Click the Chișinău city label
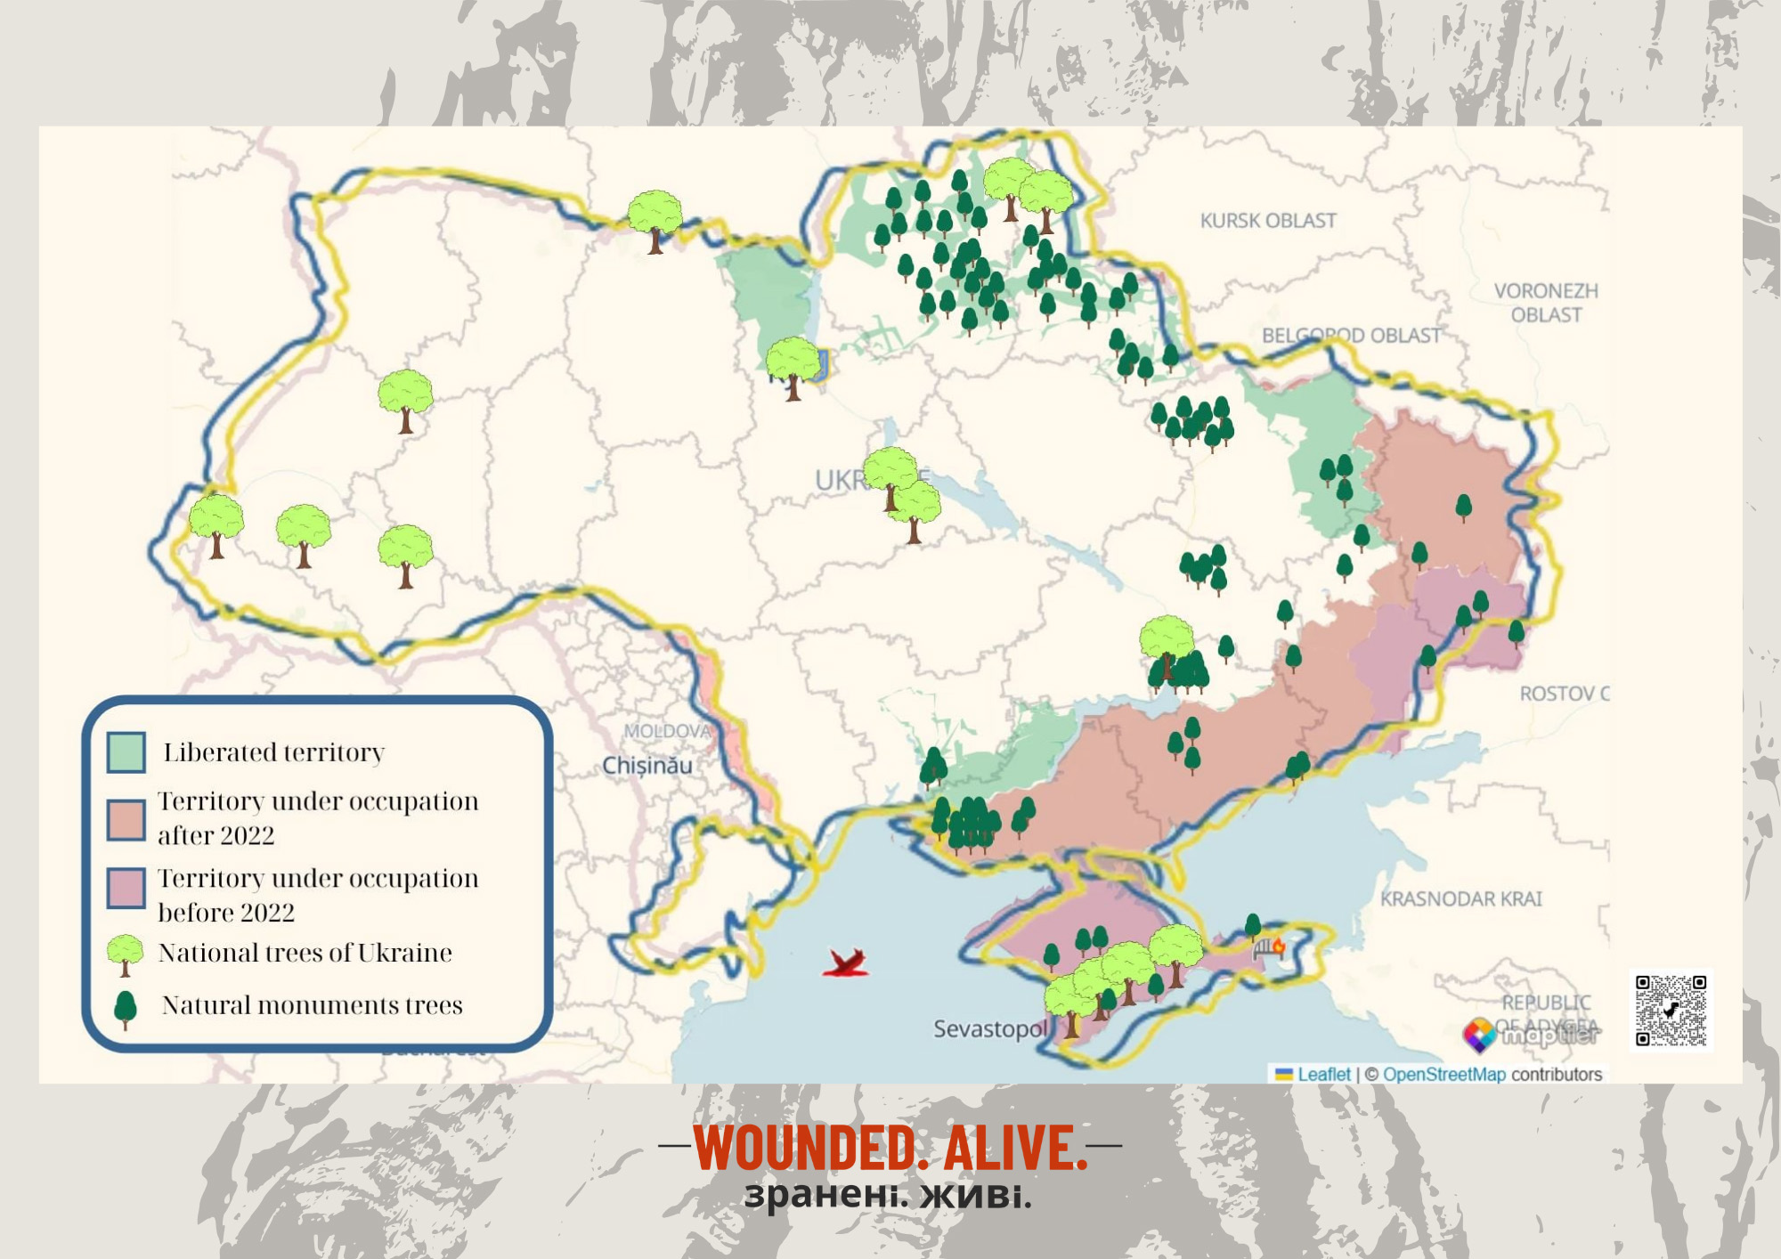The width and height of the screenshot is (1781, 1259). pyautogui.click(x=647, y=766)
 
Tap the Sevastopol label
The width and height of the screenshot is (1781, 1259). pyautogui.click(x=989, y=1029)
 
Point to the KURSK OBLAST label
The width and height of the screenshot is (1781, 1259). pyautogui.click(x=1267, y=221)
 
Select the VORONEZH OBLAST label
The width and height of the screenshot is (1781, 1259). pyautogui.click(x=1546, y=303)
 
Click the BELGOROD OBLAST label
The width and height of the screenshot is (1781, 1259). pyautogui.click(x=1351, y=336)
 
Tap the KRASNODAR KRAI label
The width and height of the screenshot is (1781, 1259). pyautogui.click(x=1460, y=899)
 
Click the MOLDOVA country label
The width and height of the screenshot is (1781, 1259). pyautogui.click(x=667, y=731)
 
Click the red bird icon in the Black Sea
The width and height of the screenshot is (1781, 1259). pyautogui.click(x=845, y=963)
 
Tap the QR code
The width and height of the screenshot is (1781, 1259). pyautogui.click(x=1671, y=1011)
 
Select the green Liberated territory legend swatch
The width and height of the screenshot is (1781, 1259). pyautogui.click(x=126, y=752)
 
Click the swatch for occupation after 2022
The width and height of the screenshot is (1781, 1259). pyautogui.click(x=126, y=820)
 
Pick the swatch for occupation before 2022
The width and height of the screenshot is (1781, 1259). pyautogui.click(x=126, y=889)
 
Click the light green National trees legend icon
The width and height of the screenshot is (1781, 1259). pyautogui.click(x=125, y=954)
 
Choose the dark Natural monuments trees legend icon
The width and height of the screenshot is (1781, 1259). pyautogui.click(x=126, y=1008)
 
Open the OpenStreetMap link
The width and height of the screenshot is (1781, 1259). pyautogui.click(x=1444, y=1075)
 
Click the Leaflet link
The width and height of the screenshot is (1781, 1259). pyautogui.click(x=1323, y=1075)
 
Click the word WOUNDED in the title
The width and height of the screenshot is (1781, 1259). pyautogui.click(x=805, y=1149)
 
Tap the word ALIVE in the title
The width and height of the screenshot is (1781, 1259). pyautogui.click(x=1014, y=1149)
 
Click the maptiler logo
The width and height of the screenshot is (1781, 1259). pyautogui.click(x=1532, y=1035)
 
